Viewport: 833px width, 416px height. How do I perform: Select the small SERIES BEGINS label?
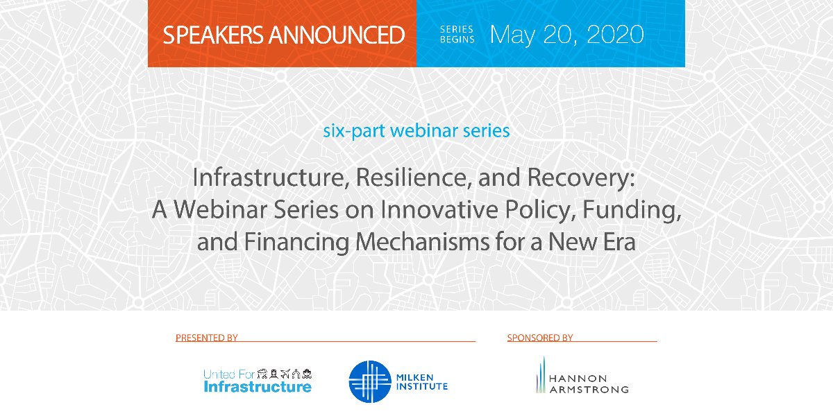(457, 35)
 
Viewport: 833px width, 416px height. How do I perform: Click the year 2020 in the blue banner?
(615, 35)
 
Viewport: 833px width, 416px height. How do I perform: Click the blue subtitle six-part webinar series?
(416, 130)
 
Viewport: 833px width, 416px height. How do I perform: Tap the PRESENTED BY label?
(207, 338)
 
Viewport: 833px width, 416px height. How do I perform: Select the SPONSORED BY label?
(540, 338)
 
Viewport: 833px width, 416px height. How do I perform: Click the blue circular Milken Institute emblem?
(369, 382)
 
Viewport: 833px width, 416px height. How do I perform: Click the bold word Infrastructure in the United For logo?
(258, 387)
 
